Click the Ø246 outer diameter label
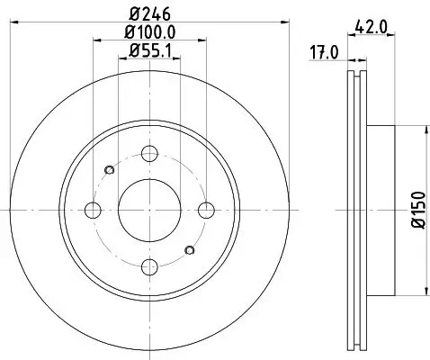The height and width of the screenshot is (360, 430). [x=149, y=13]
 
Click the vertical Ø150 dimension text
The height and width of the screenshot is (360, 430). [x=417, y=210]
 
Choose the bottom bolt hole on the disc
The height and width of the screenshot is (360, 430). [x=150, y=267]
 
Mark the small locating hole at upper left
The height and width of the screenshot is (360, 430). [x=110, y=170]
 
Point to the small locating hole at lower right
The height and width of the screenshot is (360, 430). [x=189, y=249]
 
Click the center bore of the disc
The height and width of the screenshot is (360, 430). [x=150, y=210]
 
